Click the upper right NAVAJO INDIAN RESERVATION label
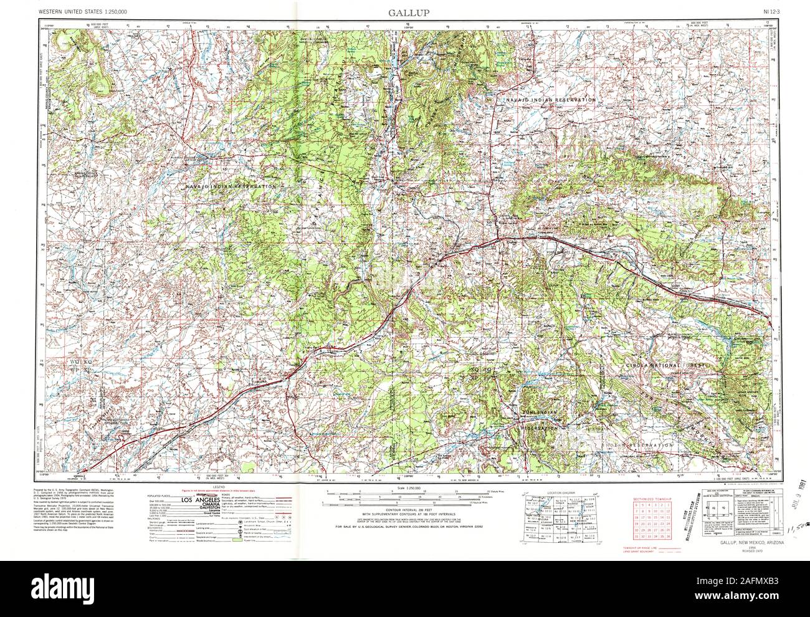[x=550, y=100]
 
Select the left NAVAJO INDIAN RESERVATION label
[x=231, y=186]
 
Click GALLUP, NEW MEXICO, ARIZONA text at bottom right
[x=750, y=542]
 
